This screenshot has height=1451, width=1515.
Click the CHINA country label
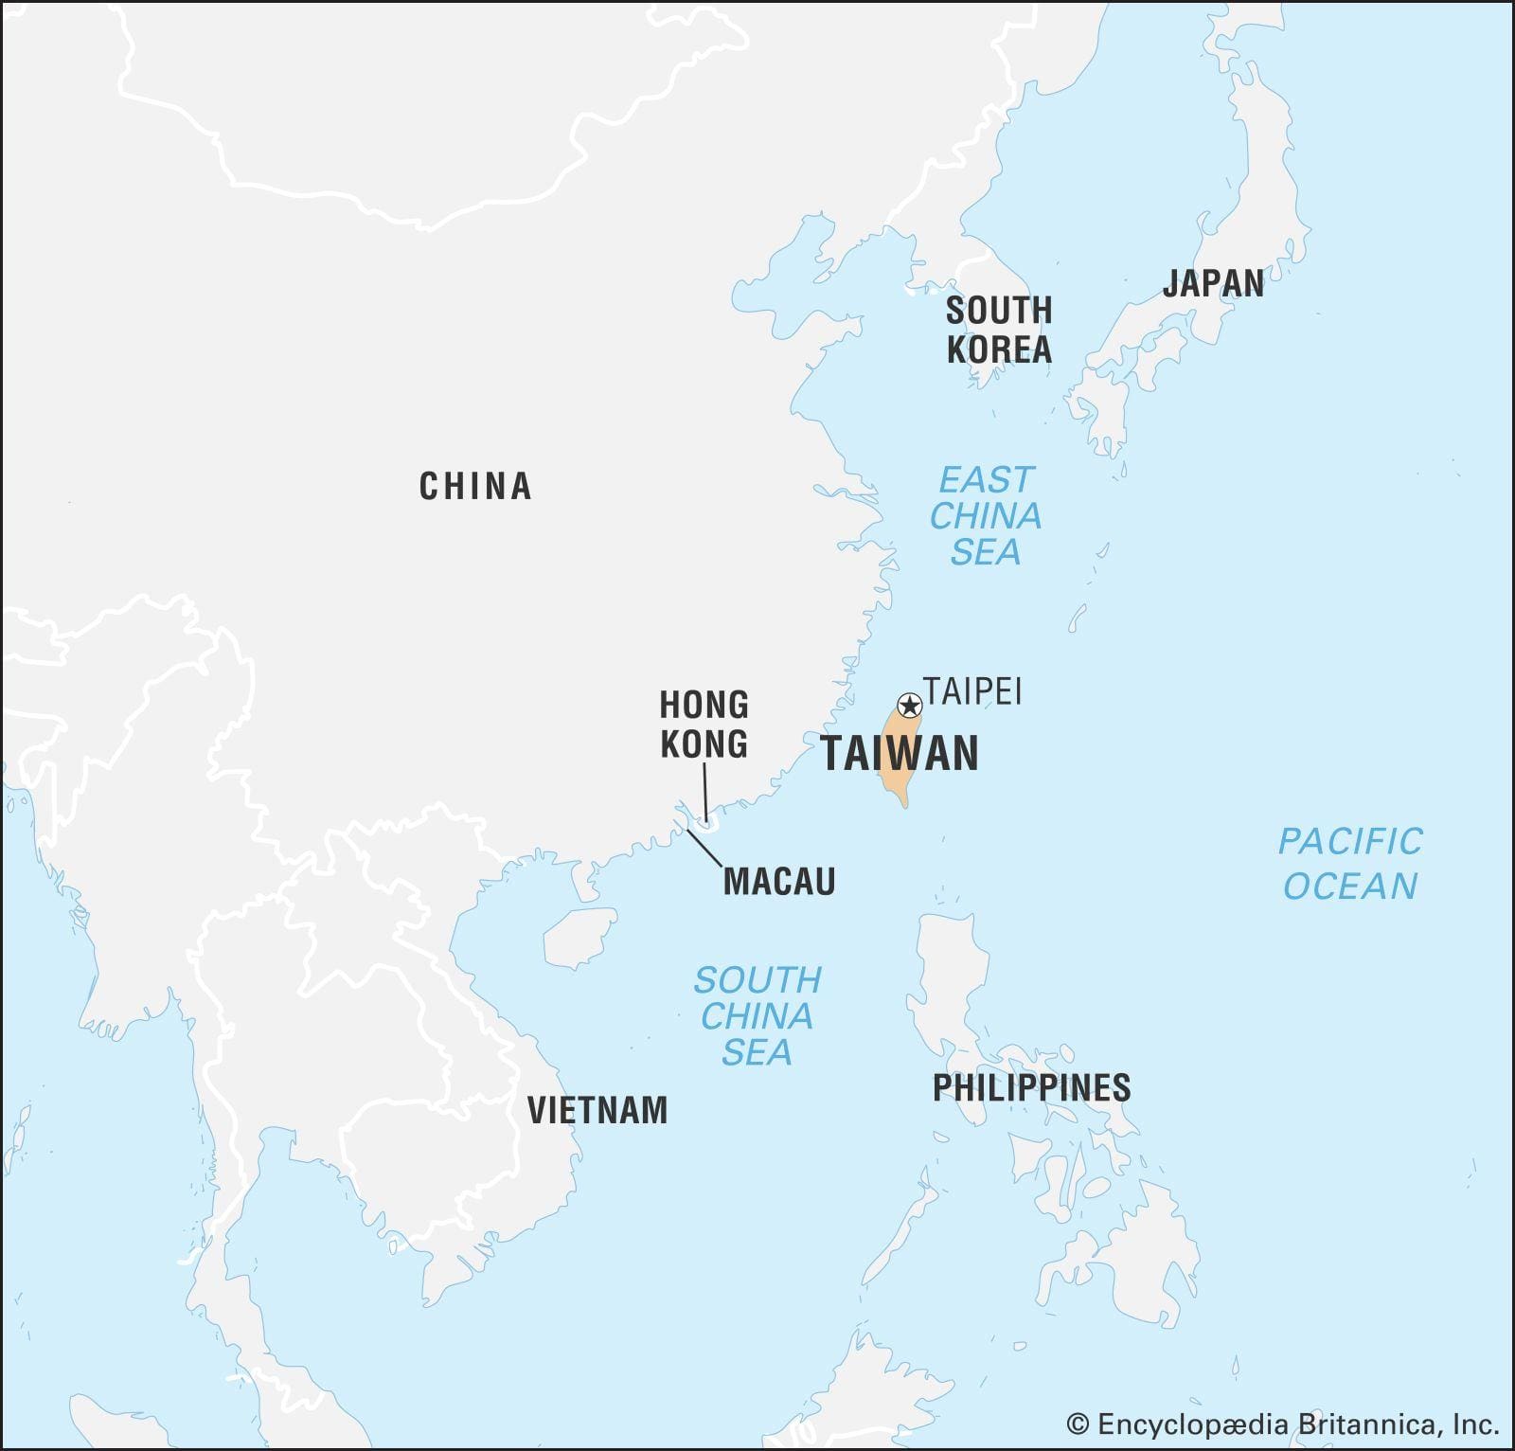point(475,487)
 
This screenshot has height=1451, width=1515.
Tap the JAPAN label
point(1213,283)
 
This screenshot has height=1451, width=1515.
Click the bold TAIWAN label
point(900,754)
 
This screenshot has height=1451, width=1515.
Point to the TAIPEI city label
point(972,691)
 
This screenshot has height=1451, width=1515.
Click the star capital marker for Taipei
point(909,706)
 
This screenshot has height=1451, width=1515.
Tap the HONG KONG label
point(704,725)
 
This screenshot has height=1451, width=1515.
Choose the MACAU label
point(779,882)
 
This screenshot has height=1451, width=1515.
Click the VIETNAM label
point(597,1110)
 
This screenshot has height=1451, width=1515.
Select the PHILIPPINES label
point(1031,1087)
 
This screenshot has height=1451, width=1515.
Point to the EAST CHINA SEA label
point(986,516)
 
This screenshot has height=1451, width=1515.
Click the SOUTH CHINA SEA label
point(757,1016)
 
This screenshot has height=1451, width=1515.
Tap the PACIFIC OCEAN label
point(1350,864)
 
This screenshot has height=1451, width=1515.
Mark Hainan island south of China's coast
point(579,937)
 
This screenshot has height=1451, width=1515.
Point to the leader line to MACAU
point(705,849)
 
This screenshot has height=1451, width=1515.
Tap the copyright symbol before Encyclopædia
point(1078,1424)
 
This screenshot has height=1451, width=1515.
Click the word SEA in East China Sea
point(986,552)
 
